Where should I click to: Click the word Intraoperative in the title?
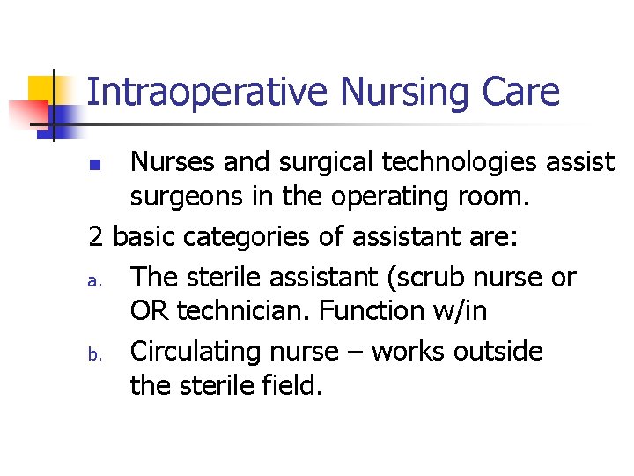click(208, 92)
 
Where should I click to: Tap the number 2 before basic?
click(97, 236)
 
